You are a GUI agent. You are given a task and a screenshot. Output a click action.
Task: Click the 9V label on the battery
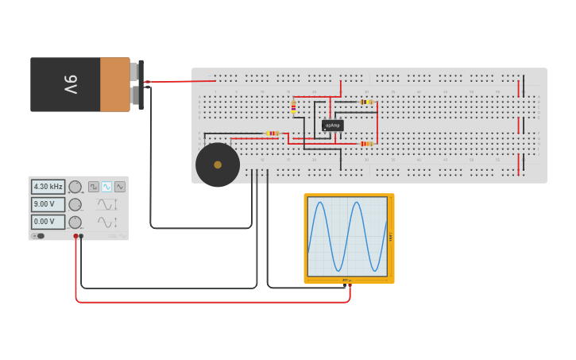pyautogui.click(x=69, y=84)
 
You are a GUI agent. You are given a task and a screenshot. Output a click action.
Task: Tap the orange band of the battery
pyautogui.click(x=114, y=84)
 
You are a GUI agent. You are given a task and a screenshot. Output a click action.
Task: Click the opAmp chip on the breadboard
pyautogui.click(x=332, y=126)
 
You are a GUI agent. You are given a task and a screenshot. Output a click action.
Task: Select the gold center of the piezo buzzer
pyautogui.click(x=218, y=165)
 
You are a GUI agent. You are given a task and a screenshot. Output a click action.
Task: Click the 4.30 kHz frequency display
pyautogui.click(x=48, y=187)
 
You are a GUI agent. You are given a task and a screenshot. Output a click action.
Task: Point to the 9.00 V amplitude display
pyautogui.click(x=48, y=204)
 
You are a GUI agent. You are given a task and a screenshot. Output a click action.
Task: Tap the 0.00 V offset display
pyautogui.click(x=48, y=222)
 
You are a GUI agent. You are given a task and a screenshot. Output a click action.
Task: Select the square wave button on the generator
pyautogui.click(x=94, y=187)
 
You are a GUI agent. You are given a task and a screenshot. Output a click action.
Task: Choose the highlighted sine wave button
pyautogui.click(x=106, y=187)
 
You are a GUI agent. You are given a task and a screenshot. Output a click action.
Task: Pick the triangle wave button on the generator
pyautogui.click(x=119, y=187)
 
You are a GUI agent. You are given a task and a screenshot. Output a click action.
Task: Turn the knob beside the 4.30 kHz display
pyautogui.click(x=75, y=187)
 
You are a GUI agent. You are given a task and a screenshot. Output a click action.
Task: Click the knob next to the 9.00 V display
pyautogui.click(x=75, y=204)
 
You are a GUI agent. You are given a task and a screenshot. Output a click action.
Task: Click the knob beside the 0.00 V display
pyautogui.click(x=75, y=222)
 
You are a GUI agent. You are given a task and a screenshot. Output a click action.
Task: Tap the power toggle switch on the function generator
pyautogui.click(x=38, y=236)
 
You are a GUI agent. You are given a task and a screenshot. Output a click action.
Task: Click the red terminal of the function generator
pyautogui.click(x=76, y=236)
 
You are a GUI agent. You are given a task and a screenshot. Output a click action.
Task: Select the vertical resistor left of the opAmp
pyautogui.click(x=293, y=106)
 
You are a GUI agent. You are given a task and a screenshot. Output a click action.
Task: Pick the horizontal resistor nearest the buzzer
pyautogui.click(x=273, y=134)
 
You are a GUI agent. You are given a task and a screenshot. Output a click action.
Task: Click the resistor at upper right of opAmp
pyautogui.click(x=365, y=102)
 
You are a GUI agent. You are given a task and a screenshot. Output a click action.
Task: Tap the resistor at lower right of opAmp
pyautogui.click(x=365, y=144)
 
